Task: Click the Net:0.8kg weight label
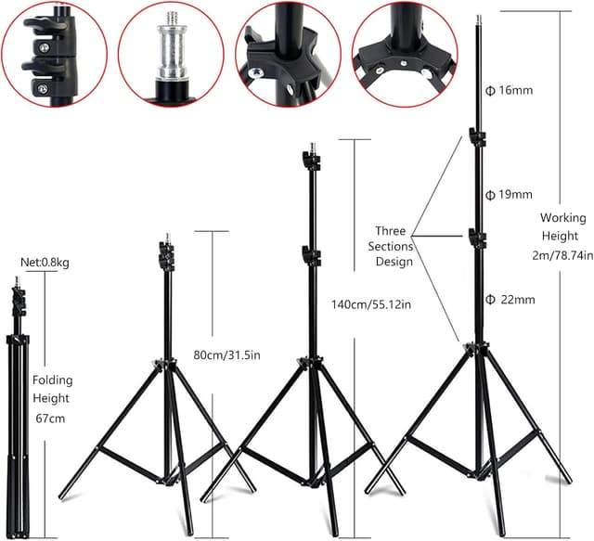coord(45,263)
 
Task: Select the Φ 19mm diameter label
coord(509,195)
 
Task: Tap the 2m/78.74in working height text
coord(562,255)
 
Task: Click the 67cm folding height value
coord(51,419)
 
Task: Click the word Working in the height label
coord(562,218)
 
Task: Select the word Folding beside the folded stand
coord(52,380)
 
